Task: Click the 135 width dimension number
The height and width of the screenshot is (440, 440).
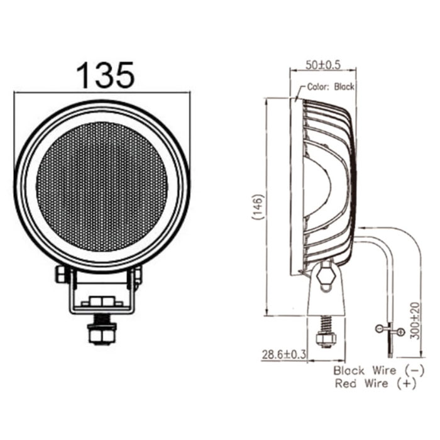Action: coord(105,75)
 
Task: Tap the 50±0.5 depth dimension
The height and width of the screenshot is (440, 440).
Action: coord(323,65)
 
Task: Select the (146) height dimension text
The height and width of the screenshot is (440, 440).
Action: coord(258,207)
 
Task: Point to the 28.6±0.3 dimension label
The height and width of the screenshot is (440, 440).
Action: coord(283,355)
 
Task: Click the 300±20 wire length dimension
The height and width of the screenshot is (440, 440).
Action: coord(415,321)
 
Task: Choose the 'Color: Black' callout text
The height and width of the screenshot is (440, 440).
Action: coord(331,87)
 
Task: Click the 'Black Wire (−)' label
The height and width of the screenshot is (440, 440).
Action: coord(379,370)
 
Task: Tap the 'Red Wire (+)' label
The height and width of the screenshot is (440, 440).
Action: coord(375,383)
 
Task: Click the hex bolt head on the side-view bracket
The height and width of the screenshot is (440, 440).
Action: coord(326,276)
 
